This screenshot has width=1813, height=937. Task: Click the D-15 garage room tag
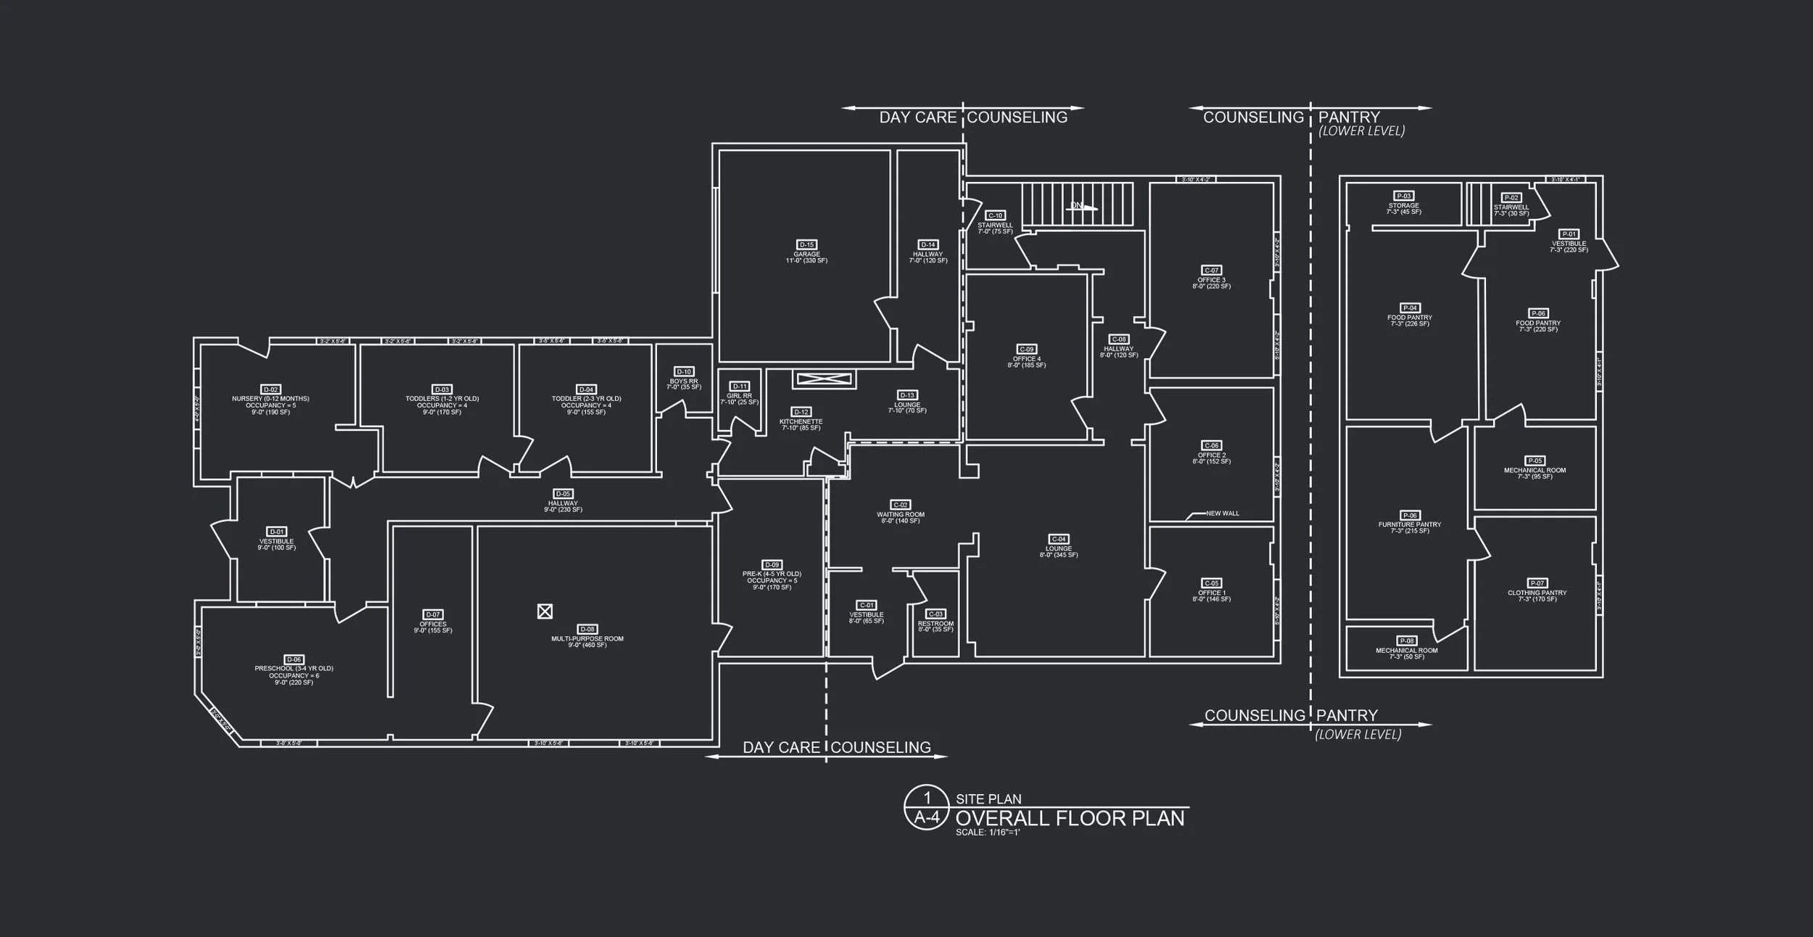(x=806, y=244)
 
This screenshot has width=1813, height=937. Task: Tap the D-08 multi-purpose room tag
(x=587, y=629)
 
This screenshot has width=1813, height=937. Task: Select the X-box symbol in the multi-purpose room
(x=545, y=611)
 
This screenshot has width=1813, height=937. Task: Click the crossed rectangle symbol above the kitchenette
(x=825, y=379)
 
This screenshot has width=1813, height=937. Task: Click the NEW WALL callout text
(x=1223, y=513)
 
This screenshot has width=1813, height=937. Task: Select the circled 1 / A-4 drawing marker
(x=926, y=807)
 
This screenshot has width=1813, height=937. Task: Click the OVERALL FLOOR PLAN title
(x=1070, y=818)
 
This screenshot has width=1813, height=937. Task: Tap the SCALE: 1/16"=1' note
(x=988, y=833)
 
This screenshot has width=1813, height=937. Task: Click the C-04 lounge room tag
(x=1059, y=539)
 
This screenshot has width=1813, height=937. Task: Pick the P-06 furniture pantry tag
(x=1410, y=515)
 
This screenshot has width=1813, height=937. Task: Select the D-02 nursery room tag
(x=270, y=389)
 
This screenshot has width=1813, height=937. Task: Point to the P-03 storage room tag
(x=1404, y=196)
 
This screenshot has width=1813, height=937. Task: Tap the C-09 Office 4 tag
(x=1026, y=349)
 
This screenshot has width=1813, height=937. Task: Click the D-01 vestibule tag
(x=276, y=532)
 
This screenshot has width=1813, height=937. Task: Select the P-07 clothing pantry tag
(x=1537, y=583)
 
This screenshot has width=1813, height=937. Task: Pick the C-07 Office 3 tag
(x=1211, y=271)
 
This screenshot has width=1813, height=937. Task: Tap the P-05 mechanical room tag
(x=1535, y=461)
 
